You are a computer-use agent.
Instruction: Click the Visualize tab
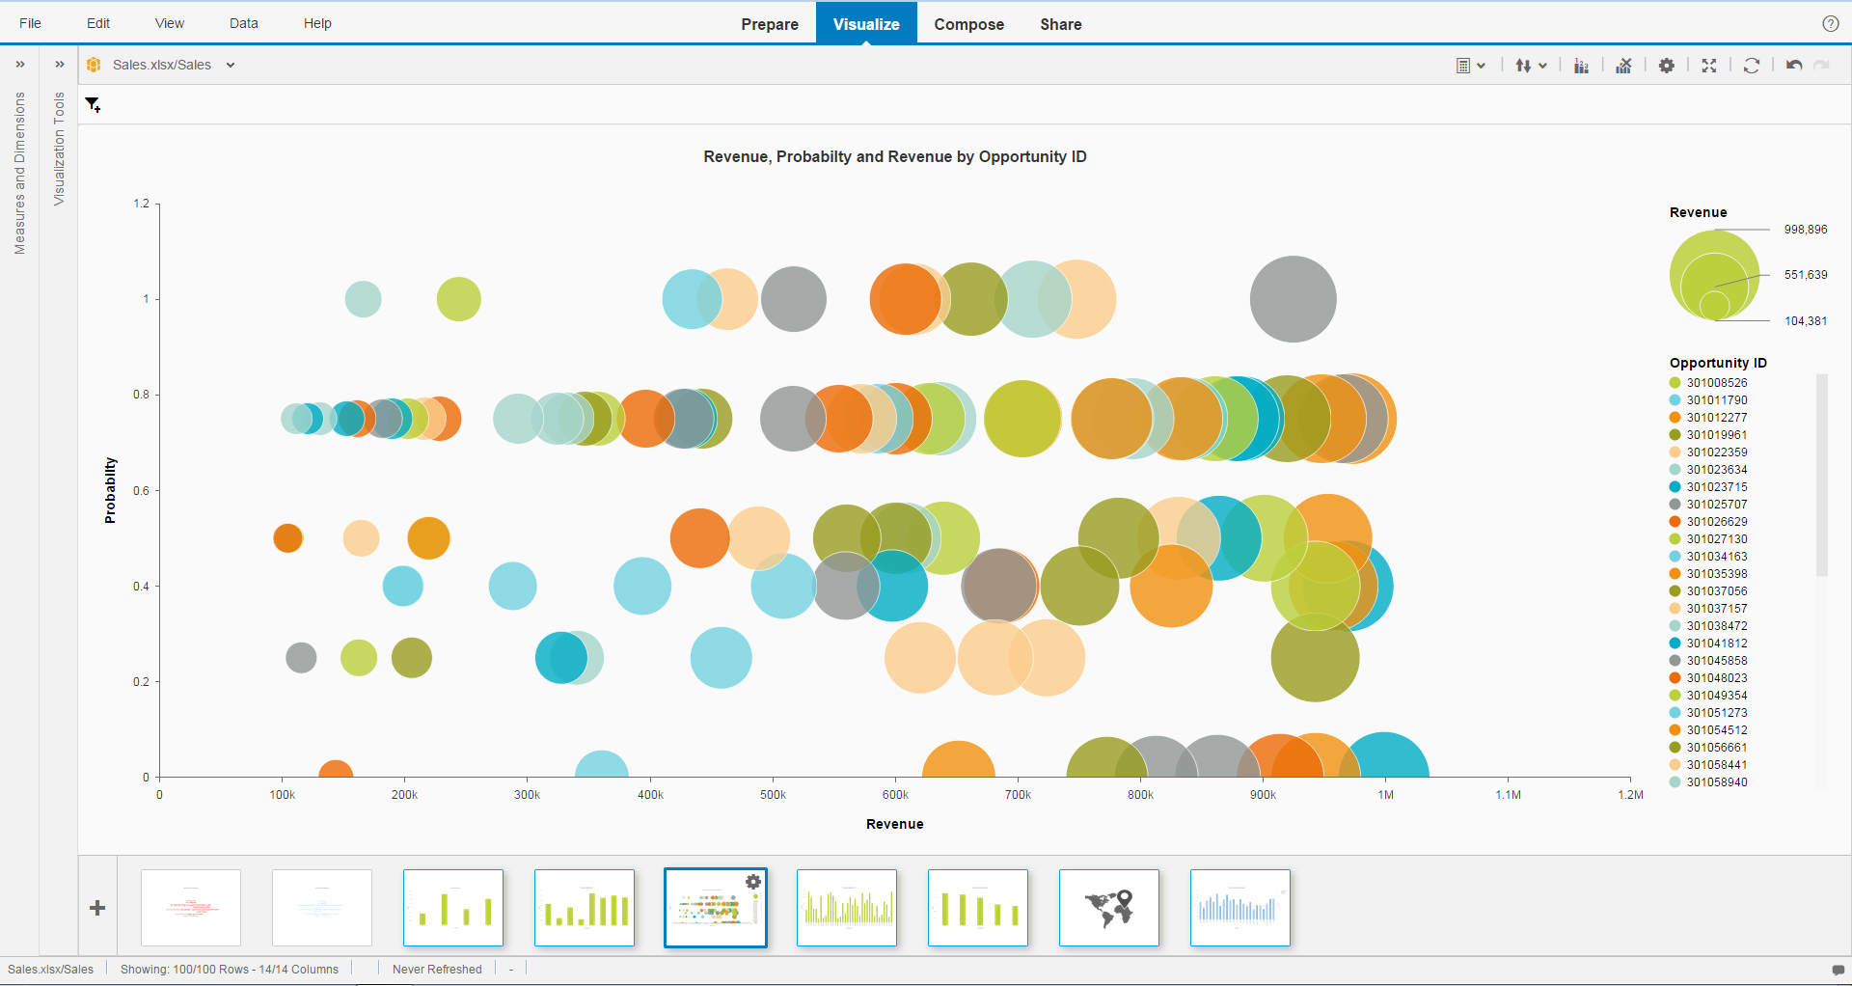click(x=865, y=24)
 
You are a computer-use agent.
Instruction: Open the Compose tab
click(x=968, y=24)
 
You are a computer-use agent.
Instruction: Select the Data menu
click(x=243, y=23)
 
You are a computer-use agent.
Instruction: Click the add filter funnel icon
click(x=93, y=104)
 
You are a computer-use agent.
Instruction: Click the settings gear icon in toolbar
click(x=1666, y=66)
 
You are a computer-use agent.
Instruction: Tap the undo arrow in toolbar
click(x=1793, y=66)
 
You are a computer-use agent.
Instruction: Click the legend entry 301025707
click(x=1716, y=505)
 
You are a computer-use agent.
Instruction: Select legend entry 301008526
click(x=1716, y=383)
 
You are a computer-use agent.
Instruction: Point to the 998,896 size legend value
click(x=1805, y=230)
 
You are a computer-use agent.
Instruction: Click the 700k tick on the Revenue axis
click(x=1018, y=795)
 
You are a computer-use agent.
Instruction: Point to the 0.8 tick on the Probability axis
click(x=141, y=395)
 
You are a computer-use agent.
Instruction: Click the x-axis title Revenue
click(x=894, y=824)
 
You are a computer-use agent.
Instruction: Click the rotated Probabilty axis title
click(x=110, y=490)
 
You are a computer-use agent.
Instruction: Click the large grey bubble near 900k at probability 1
click(x=1293, y=299)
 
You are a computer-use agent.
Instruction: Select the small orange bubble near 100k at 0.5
click(x=287, y=537)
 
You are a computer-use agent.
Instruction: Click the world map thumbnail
click(x=1108, y=908)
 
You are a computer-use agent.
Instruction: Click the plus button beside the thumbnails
click(x=97, y=908)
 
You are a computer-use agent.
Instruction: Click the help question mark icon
click(x=1830, y=24)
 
